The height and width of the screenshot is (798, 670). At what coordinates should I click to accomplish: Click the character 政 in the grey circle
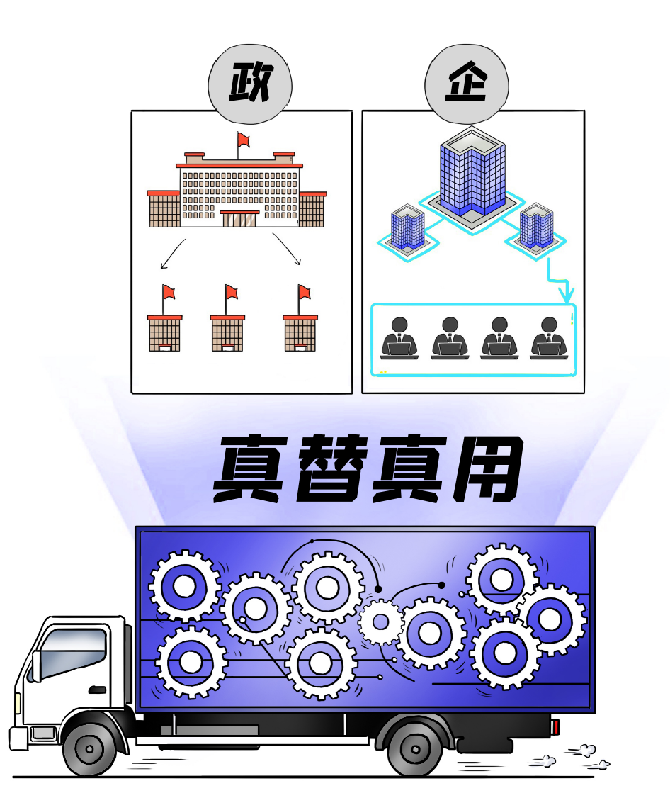pos(250,82)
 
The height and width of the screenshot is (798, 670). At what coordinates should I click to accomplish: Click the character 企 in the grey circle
pos(466,82)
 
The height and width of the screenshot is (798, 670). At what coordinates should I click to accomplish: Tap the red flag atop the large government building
pos(243,139)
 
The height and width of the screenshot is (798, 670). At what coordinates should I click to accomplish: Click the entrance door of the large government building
pos(239,219)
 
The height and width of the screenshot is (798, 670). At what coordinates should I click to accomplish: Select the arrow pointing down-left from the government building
pos(173,254)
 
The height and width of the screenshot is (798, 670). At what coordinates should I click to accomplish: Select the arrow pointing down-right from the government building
pos(287,249)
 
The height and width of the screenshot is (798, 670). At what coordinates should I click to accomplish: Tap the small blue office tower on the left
pos(407,227)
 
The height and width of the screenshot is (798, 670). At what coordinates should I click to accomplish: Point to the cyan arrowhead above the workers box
pos(566,294)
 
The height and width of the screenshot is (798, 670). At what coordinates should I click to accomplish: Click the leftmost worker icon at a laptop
pos(399,338)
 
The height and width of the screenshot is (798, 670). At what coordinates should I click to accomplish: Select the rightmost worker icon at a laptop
pos(549,338)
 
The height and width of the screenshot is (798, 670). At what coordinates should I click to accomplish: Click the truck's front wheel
pos(89,749)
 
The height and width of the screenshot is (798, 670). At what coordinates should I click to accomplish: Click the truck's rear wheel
pos(414,749)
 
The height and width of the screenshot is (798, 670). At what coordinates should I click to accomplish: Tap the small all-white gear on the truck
pos(381,622)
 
